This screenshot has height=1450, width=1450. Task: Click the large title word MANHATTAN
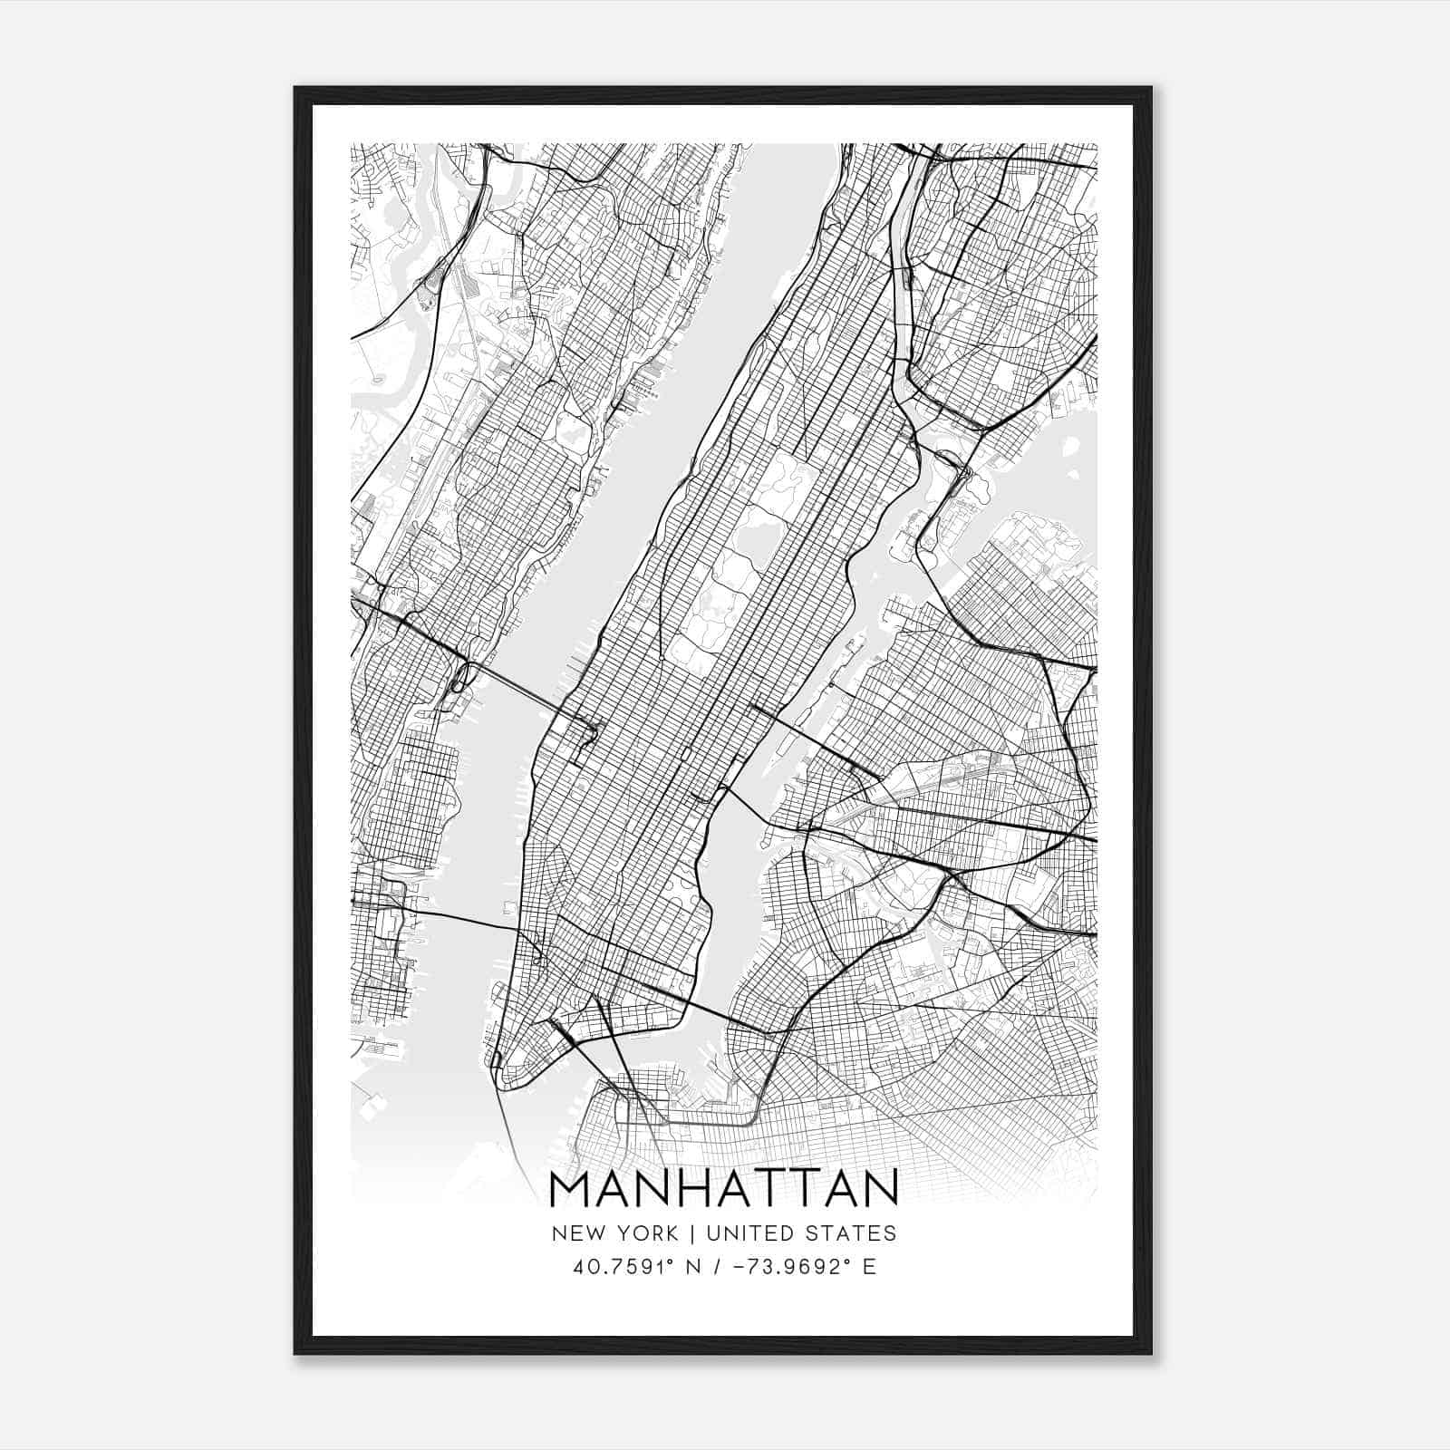point(724,1187)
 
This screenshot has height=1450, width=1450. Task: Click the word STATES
point(851,1233)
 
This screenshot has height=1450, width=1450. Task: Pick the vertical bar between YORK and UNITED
point(692,1233)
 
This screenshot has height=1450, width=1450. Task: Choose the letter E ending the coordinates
point(869,1266)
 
